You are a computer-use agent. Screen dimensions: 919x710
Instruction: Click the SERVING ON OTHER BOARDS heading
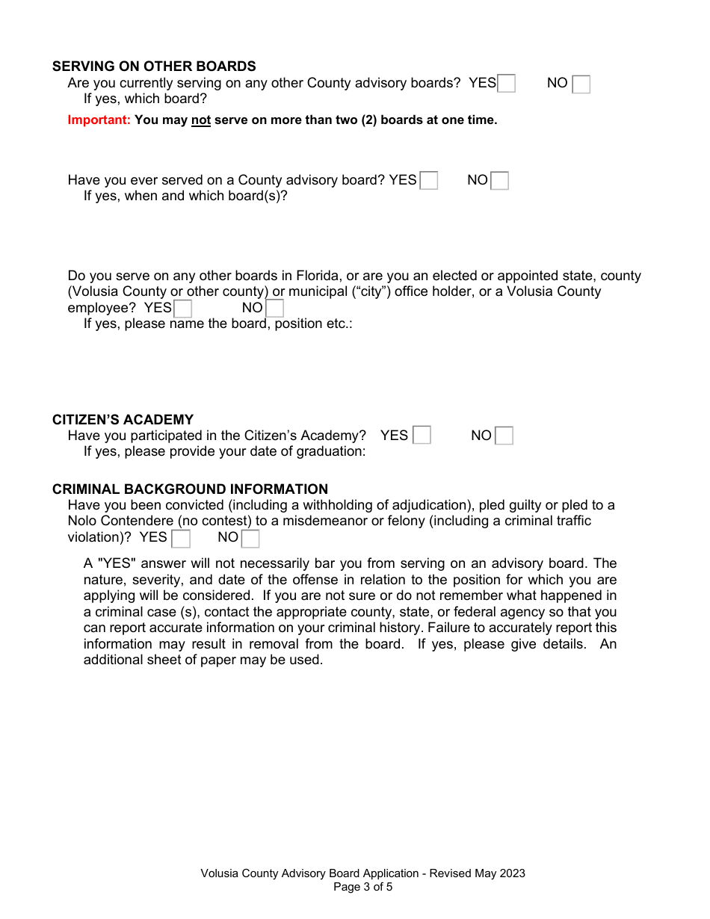tap(154, 66)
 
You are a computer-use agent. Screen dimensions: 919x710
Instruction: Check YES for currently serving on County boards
tap(507, 84)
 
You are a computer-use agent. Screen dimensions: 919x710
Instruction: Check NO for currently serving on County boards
tap(581, 84)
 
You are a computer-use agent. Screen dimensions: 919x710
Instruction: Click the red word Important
tap(99, 120)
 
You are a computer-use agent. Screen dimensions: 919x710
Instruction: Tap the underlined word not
tap(201, 120)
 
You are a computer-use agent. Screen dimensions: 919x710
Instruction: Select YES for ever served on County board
tap(429, 181)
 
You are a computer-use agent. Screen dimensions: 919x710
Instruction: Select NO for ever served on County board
tap(499, 181)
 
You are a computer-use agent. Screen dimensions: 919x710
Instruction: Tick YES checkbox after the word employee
tap(182, 309)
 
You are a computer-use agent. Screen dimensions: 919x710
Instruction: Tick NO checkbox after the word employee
tap(274, 309)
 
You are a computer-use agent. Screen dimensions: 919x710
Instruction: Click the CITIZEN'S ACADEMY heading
tap(123, 420)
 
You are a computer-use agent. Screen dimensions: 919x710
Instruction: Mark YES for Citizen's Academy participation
tap(422, 436)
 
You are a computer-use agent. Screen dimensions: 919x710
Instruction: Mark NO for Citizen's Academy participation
tap(504, 436)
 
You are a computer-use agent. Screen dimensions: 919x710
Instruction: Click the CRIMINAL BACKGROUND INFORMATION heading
tap(190, 489)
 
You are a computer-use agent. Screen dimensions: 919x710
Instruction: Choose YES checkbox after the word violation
tap(181, 538)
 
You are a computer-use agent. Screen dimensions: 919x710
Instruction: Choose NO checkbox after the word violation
tap(250, 538)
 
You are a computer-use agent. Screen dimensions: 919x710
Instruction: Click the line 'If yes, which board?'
tap(145, 99)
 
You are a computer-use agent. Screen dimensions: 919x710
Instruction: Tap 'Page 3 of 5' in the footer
tap(362, 888)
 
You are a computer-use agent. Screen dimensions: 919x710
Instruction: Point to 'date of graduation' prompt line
tap(224, 451)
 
